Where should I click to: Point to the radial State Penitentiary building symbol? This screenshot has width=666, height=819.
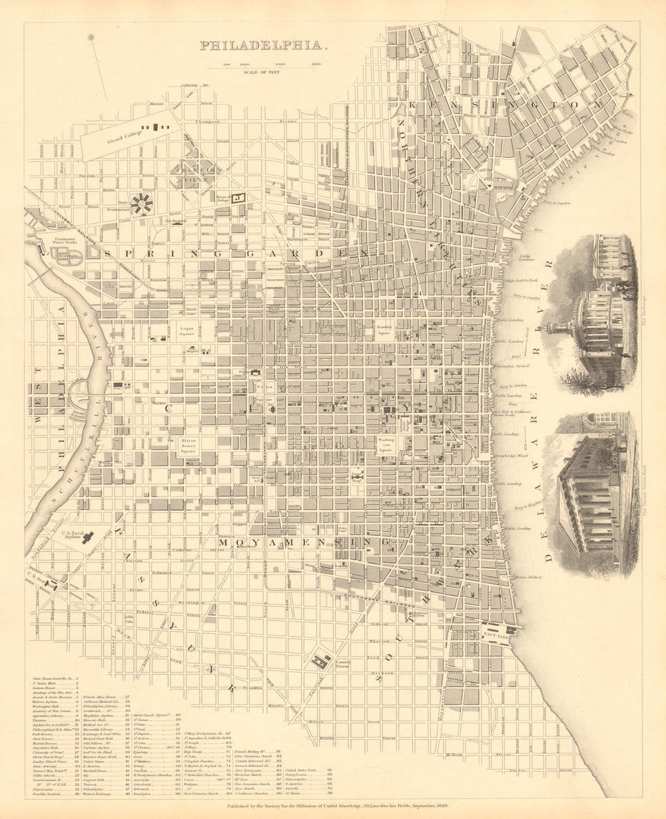[x=141, y=204]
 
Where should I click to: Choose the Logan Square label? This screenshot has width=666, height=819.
[x=186, y=331]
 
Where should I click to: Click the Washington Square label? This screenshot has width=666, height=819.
[x=386, y=445]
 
